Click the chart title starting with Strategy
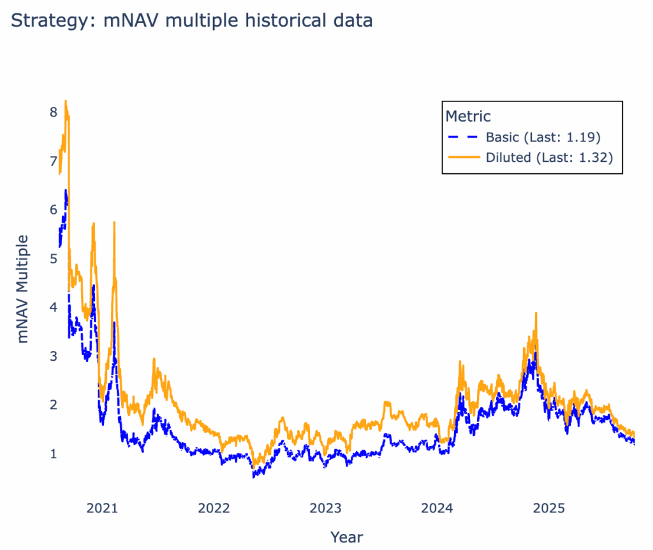pos(191,20)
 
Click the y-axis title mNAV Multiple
pos(24,289)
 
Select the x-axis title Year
pos(346,536)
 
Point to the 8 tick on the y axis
pos(54,112)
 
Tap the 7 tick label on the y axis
pos(54,161)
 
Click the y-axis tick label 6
pos(54,210)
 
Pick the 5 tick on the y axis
pos(54,259)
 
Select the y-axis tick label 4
pos(54,307)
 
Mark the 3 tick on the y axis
pos(54,356)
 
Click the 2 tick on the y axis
pos(54,405)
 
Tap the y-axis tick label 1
pos(54,454)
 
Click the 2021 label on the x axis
pos(102,509)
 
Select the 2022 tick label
pos(214,509)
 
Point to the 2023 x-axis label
pos(325,509)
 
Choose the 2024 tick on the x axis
pos(437,509)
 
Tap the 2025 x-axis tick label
pos(549,509)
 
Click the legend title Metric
pos(468,117)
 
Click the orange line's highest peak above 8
pos(66,101)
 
